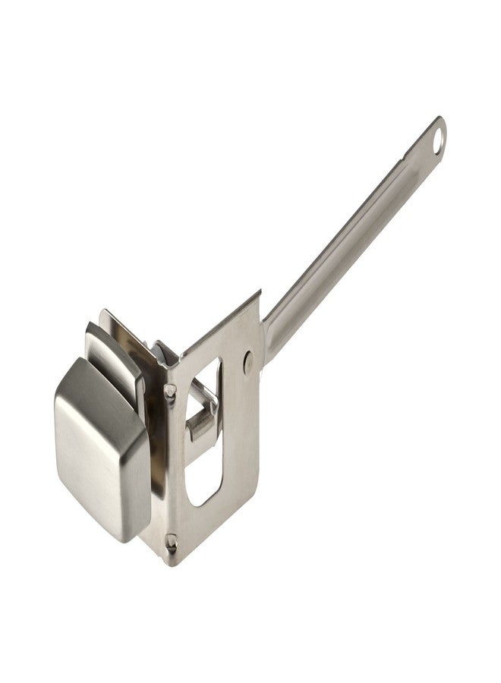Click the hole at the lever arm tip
[x=436, y=139]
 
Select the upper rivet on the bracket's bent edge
[x=170, y=391]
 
